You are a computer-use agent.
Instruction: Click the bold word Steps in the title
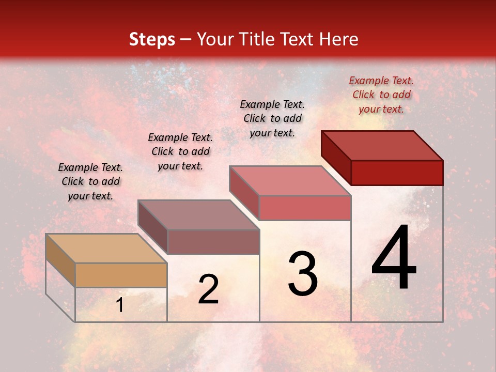coord(152,39)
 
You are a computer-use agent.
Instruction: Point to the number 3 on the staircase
coord(303,274)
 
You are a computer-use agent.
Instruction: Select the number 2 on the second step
coord(208,289)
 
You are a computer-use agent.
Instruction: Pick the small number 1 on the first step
coord(120,305)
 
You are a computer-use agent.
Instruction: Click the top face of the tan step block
coord(106,248)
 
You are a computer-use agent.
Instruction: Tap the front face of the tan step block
coord(121,275)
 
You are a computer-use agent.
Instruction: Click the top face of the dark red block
coord(382,145)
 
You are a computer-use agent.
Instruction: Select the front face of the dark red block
coord(397,173)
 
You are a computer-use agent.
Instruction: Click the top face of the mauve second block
coord(198,214)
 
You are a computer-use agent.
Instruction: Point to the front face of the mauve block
coord(213,242)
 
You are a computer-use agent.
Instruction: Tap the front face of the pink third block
coord(305,208)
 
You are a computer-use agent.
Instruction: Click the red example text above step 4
coord(381,95)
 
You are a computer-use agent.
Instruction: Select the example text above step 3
coord(272,118)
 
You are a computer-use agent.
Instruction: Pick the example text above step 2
coord(180,151)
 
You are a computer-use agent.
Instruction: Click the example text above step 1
coord(90,181)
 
